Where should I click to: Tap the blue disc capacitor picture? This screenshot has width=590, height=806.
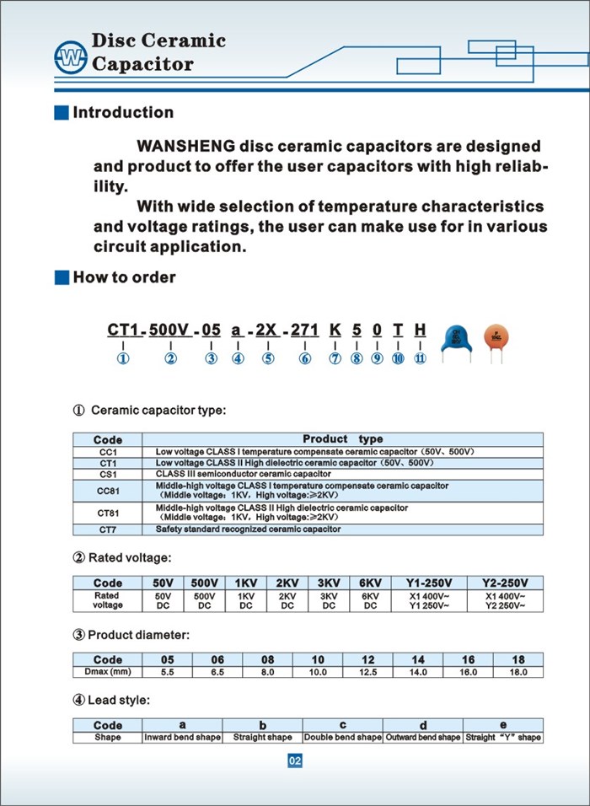coord(457,339)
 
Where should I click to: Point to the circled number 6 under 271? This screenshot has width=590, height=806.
coord(305,358)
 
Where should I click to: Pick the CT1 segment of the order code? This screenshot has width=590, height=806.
coord(122,330)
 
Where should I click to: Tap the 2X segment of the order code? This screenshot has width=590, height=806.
coord(267,330)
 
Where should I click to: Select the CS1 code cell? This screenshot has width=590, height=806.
coord(107,475)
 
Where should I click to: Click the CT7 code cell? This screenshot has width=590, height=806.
coord(107,529)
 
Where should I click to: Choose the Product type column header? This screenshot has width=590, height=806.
coord(342,439)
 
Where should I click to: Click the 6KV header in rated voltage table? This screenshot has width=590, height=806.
coord(370,583)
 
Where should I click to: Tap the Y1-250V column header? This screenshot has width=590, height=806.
coord(429,583)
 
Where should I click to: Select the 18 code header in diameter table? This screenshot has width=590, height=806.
coord(518,659)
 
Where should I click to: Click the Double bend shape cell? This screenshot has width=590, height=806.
coord(342,738)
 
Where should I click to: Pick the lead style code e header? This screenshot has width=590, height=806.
coord(503,725)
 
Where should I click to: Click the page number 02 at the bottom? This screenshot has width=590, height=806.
coord(295,761)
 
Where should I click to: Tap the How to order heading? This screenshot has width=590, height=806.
coord(124,277)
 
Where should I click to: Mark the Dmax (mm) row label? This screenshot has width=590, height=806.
coord(107,672)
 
